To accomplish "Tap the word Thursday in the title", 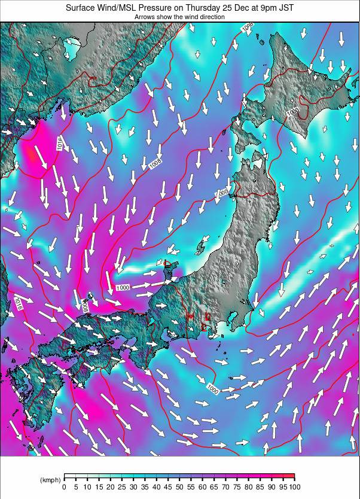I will [x=214, y=8].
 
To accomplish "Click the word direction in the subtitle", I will [x=210, y=17].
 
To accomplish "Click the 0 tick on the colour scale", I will [x=64, y=486].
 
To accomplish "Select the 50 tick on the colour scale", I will [x=179, y=486].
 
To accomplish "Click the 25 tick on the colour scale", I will [x=121, y=486].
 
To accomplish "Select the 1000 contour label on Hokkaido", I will [x=292, y=112].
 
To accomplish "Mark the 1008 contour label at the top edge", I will [x=247, y=28].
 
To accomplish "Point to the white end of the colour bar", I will [x=67, y=477].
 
